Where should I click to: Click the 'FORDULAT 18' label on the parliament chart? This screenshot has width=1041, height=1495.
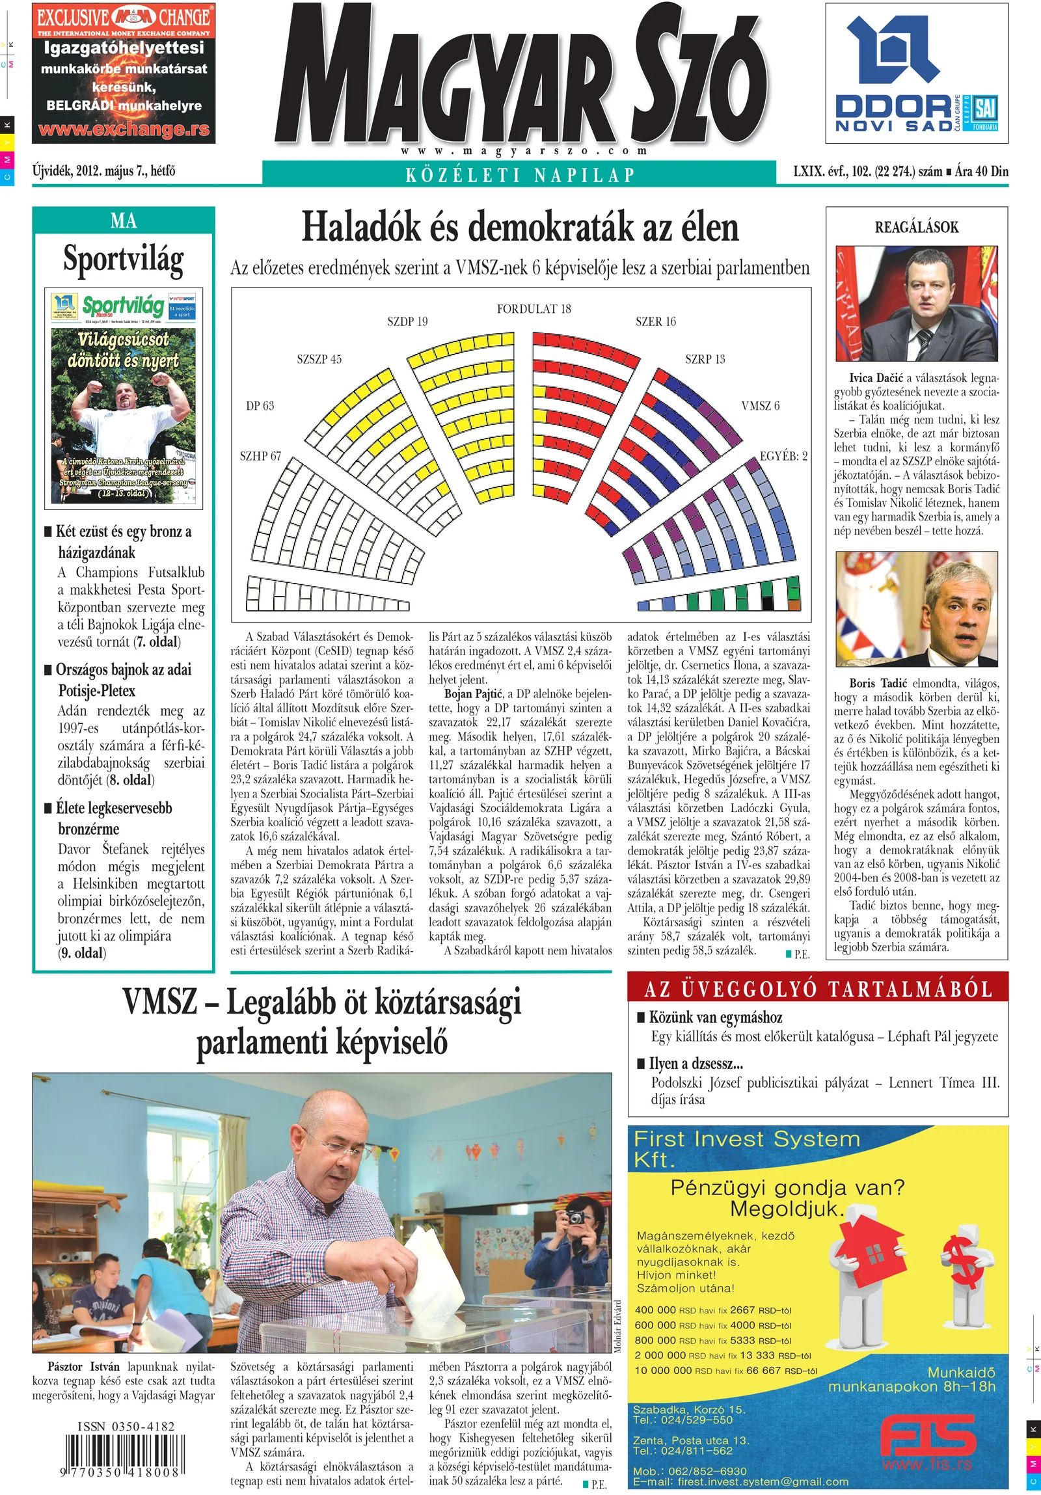coord(534,308)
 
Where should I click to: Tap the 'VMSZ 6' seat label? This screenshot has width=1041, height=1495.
coord(760,406)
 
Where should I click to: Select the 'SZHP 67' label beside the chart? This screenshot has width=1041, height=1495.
coord(260,456)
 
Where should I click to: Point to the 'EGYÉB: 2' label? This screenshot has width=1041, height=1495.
coord(783,456)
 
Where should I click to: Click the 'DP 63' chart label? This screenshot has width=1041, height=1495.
coord(260,406)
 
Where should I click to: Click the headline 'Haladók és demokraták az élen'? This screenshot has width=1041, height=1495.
coord(520,228)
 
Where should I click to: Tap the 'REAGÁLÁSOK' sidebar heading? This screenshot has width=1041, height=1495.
coord(916,227)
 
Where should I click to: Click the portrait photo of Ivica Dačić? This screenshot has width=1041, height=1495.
coord(916,303)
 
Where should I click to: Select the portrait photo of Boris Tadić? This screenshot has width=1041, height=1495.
coord(916,609)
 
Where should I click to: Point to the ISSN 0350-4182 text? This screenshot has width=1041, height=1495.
coord(126,1427)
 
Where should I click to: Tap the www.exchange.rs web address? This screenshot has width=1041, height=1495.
coord(124,129)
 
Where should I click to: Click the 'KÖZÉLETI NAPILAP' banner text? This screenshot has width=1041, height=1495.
coord(519,174)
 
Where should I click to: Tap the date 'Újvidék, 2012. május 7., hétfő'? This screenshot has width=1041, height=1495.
coord(103,171)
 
